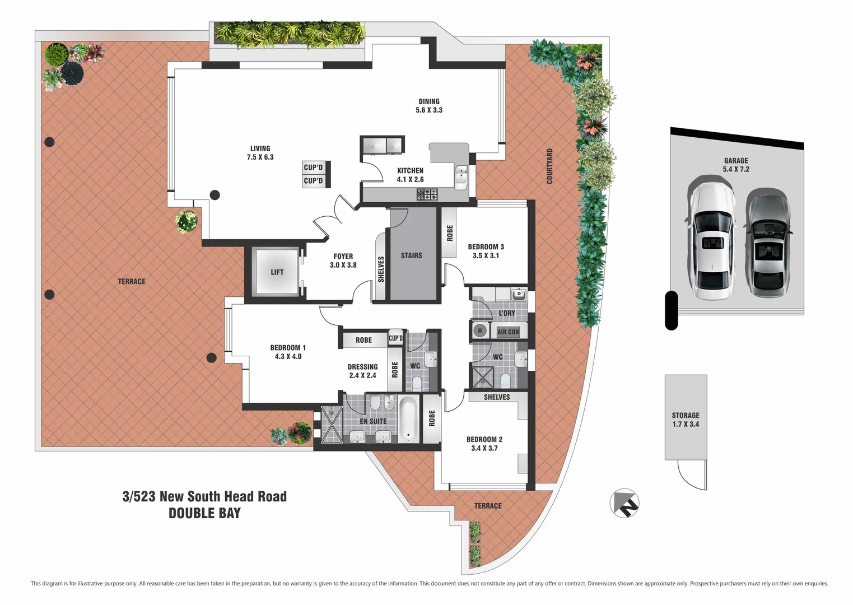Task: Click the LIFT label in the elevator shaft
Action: (277, 272)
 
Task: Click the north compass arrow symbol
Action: (624, 504)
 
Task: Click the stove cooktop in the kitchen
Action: (427, 194)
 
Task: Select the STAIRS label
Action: (411, 255)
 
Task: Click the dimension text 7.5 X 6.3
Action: (260, 157)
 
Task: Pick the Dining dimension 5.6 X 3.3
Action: (428, 110)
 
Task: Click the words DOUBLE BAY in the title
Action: (204, 513)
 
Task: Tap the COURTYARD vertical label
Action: (549, 166)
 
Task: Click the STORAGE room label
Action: (685, 416)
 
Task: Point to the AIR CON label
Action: (508, 332)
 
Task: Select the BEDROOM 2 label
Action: (484, 440)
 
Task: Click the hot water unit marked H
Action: (479, 331)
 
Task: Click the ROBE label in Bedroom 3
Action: (450, 233)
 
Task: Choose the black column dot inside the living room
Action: (215, 195)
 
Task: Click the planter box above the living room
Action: (289, 35)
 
